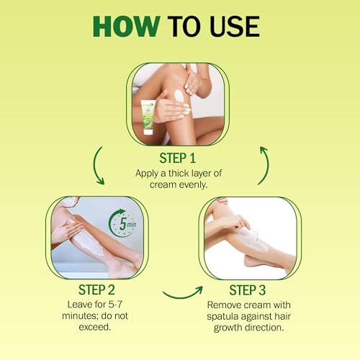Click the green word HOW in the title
pyautogui.click(x=127, y=27)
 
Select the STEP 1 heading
pyautogui.click(x=178, y=158)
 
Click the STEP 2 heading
pyautogui.click(x=96, y=289)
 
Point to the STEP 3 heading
pyautogui.click(x=248, y=290)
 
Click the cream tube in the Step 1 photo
pyautogui.click(x=148, y=117)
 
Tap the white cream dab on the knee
pyautogui.click(x=179, y=96)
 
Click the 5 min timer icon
pyautogui.click(x=123, y=223)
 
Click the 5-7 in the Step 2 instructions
pyautogui.click(x=115, y=305)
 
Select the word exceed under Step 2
pyautogui.click(x=95, y=327)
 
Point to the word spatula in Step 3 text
pyautogui.click(x=222, y=316)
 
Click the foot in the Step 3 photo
pyautogui.click(x=254, y=261)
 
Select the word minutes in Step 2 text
pyautogui.click(x=80, y=315)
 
